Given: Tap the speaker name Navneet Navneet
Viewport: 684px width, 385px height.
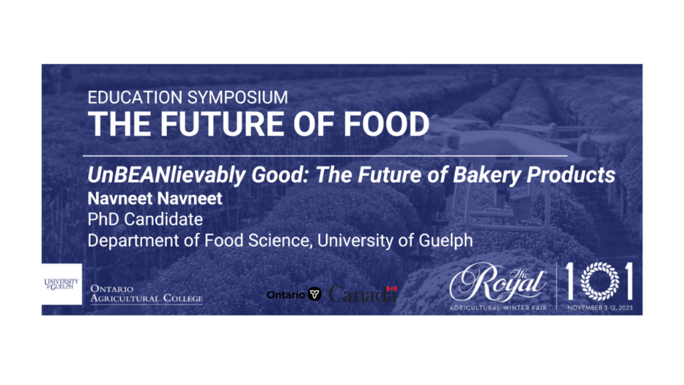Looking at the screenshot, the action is pyautogui.click(x=155, y=199).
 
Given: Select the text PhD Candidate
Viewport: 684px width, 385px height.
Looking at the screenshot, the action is pyautogui.click(x=145, y=219).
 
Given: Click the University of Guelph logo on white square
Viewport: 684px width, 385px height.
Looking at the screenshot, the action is pyautogui.click(x=61, y=284).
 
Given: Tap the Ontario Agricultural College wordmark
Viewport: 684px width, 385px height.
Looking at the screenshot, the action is pyautogui.click(x=146, y=294).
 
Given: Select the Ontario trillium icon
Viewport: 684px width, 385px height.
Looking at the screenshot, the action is pyautogui.click(x=315, y=294).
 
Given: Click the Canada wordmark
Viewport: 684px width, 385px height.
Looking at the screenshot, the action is pyautogui.click(x=363, y=294).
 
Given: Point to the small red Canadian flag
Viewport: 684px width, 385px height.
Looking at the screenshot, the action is pyautogui.click(x=391, y=289).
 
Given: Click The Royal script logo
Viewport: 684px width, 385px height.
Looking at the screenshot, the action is pyautogui.click(x=498, y=283).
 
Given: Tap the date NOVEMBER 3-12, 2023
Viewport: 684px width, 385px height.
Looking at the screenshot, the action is pyautogui.click(x=600, y=308).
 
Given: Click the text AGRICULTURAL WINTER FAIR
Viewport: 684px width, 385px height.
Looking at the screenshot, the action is pyautogui.click(x=498, y=308).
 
